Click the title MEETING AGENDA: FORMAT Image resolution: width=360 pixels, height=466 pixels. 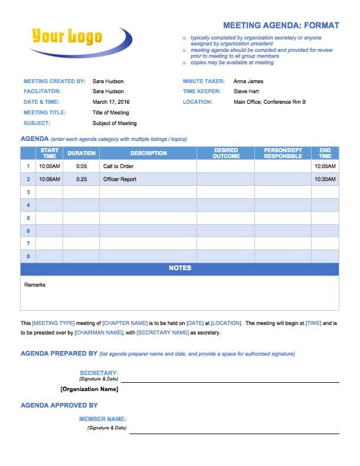pos(281,25)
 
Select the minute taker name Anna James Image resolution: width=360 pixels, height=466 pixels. pos(248,81)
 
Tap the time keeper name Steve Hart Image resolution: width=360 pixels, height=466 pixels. pos(247,91)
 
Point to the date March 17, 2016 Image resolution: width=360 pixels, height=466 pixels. pos(111,102)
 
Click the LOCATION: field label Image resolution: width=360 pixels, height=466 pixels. pos(197,102)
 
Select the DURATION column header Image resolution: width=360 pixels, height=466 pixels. pos(81,153)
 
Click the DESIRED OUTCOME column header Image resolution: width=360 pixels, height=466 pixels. pos(227,153)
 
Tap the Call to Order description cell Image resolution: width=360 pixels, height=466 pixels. pos(118,166)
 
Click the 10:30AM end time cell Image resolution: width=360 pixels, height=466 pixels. pos(325,179)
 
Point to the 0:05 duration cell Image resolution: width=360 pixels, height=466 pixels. pos(81,166)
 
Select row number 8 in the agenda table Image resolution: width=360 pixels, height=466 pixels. pos(28,256)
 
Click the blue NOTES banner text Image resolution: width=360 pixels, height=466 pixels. pos(180,268)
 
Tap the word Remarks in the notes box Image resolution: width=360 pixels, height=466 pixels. pos(35,285)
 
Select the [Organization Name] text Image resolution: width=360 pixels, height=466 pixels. pos(89,389)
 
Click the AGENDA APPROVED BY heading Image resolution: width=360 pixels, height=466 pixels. pos(59,406)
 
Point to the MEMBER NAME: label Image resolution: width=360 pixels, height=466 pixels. pos(102,419)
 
